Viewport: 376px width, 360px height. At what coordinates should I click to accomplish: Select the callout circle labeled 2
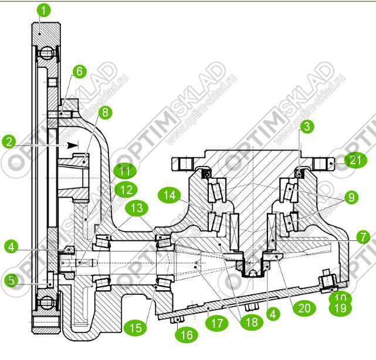pyautogui.click(x=9, y=141)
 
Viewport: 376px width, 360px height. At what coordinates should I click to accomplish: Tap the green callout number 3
pyautogui.click(x=306, y=125)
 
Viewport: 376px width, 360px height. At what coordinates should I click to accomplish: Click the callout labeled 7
pyautogui.click(x=362, y=237)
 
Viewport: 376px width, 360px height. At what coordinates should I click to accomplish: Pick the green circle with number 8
pyautogui.click(x=104, y=111)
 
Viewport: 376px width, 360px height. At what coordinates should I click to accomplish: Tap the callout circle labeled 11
pyautogui.click(x=123, y=172)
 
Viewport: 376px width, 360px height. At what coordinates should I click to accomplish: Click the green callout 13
pyautogui.click(x=136, y=207)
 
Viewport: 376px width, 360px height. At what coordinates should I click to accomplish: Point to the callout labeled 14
pyautogui.click(x=170, y=195)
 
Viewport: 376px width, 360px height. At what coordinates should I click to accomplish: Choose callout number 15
pyautogui.click(x=136, y=328)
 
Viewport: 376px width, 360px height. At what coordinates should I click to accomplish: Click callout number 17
pyautogui.click(x=217, y=321)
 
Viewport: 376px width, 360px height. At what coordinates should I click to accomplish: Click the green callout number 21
pyautogui.click(x=354, y=161)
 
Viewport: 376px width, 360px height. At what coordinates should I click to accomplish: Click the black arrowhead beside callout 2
pyautogui.click(x=73, y=144)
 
